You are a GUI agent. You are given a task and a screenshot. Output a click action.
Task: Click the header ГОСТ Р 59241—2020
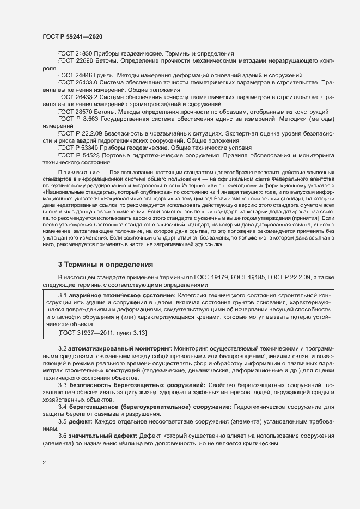click(72, 36)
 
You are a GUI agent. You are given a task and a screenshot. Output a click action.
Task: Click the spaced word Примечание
click(78, 172)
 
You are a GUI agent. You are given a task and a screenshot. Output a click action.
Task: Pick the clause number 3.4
click(63, 407)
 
